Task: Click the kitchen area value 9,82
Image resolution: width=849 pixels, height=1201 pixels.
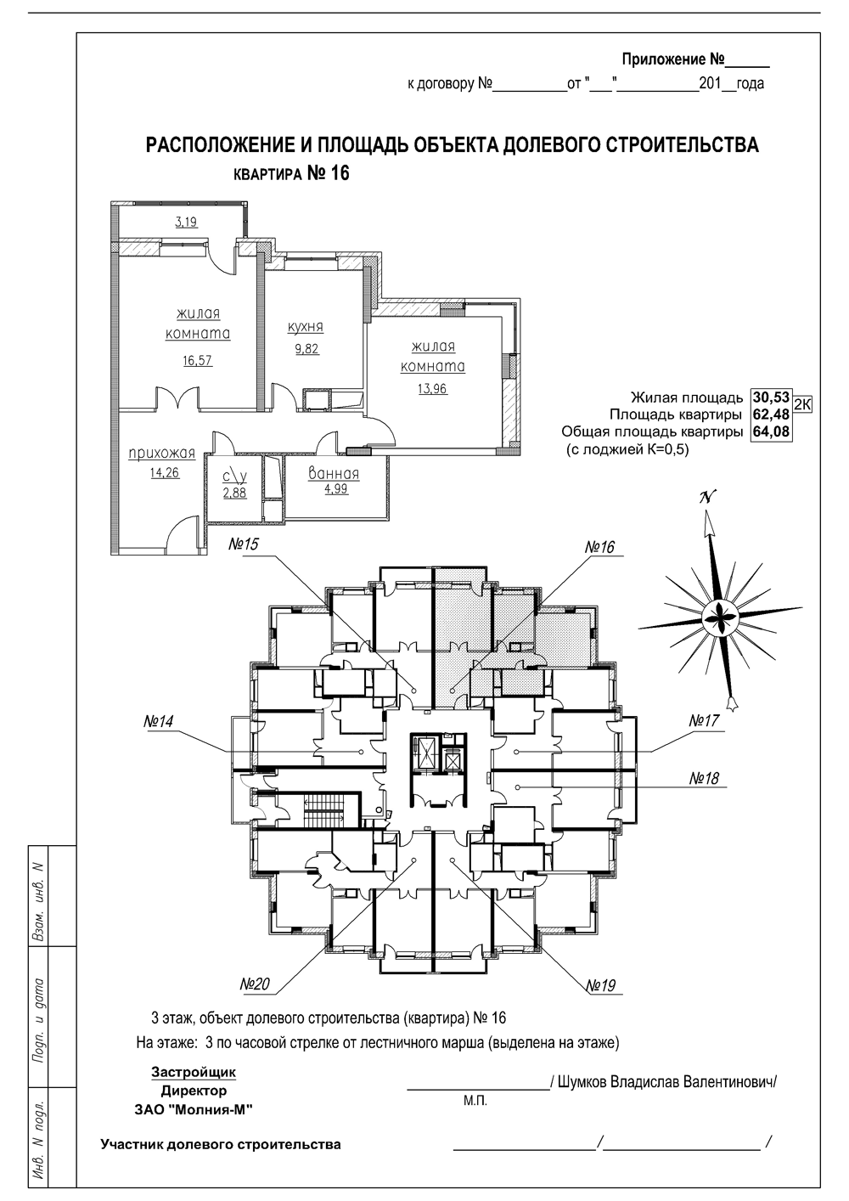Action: [306, 349]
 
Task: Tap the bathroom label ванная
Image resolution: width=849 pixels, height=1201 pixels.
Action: [334, 474]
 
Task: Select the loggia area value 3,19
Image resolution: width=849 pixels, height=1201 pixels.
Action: [186, 222]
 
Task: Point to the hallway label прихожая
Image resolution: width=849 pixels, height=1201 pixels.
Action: [162, 454]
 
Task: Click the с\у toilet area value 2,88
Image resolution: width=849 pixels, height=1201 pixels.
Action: [235, 492]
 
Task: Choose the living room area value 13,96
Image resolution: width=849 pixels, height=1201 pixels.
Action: [432, 389]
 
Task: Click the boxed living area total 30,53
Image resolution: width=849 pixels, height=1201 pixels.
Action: [771, 398]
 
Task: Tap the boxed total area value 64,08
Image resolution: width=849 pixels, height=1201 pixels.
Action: [771, 431]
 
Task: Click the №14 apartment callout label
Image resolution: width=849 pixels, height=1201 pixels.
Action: [158, 721]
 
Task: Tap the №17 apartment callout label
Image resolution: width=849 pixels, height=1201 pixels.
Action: [704, 720]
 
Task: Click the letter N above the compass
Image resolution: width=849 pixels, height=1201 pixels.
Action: [707, 498]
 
